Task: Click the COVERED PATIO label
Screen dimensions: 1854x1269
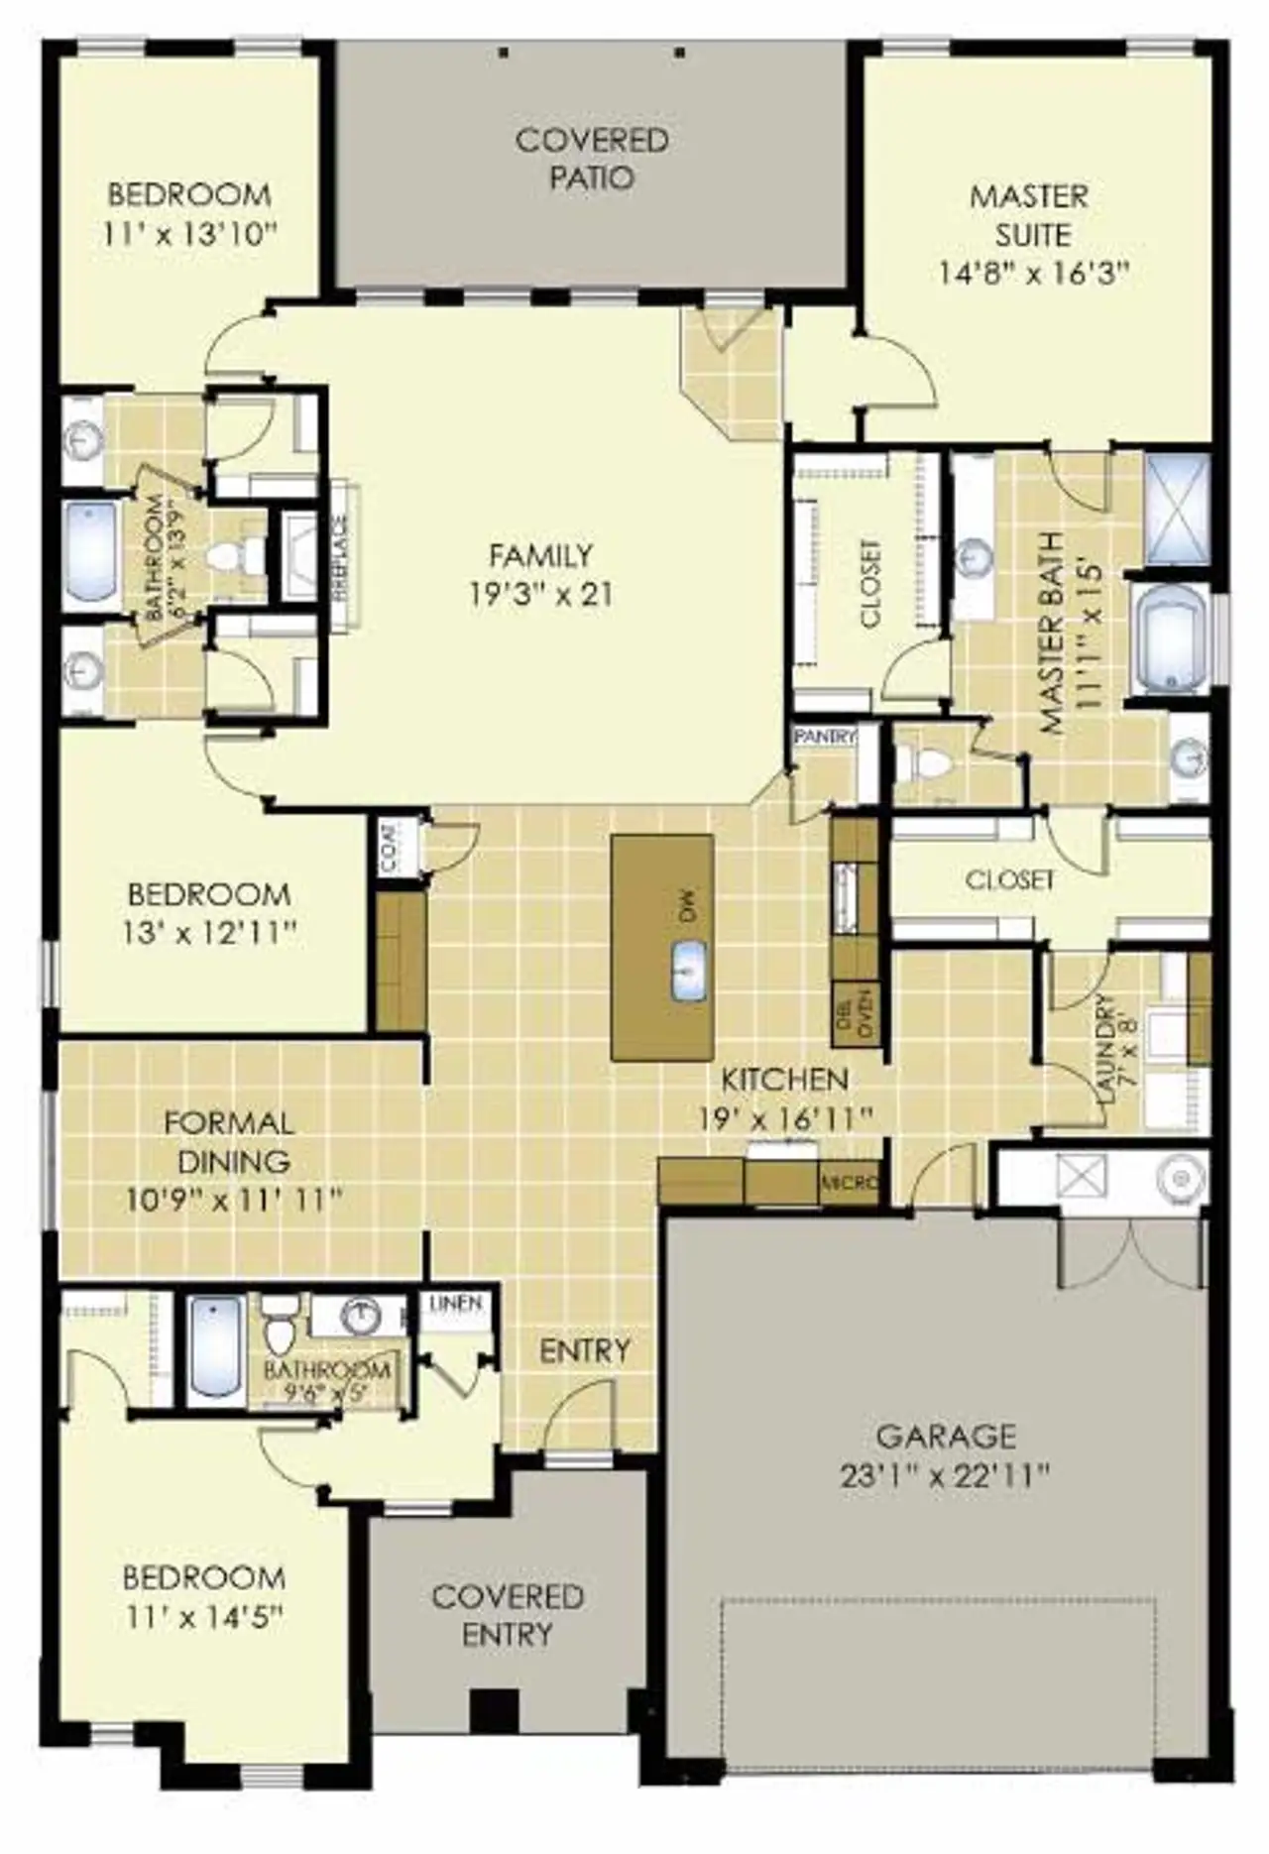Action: click(592, 159)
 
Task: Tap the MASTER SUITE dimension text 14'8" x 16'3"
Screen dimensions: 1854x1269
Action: click(1034, 273)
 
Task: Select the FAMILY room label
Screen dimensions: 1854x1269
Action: click(540, 555)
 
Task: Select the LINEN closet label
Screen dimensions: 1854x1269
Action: click(456, 1304)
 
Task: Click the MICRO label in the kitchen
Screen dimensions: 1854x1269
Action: click(850, 1183)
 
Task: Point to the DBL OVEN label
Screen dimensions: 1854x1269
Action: click(855, 1013)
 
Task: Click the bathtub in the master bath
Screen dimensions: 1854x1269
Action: click(1169, 639)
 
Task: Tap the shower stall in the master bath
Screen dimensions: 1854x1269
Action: click(1177, 509)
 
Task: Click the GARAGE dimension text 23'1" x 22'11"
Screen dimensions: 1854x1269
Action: click(944, 1476)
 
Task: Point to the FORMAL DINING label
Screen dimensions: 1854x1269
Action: click(228, 1141)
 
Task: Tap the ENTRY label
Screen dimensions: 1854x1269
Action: click(584, 1350)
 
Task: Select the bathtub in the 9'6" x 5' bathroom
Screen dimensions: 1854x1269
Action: click(216, 1348)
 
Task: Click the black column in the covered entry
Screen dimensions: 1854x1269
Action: click(494, 1708)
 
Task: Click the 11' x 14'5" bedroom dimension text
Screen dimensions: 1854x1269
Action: click(205, 1617)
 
